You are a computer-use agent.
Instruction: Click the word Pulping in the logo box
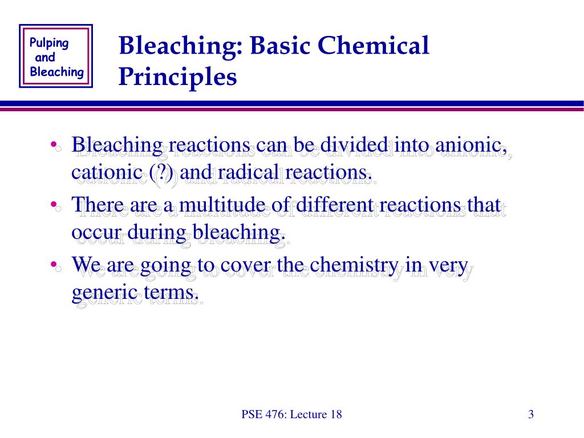coord(49,44)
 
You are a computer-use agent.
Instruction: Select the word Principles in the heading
coord(177,77)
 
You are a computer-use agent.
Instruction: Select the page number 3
coord(530,415)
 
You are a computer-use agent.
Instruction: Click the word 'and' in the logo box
coord(45,58)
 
